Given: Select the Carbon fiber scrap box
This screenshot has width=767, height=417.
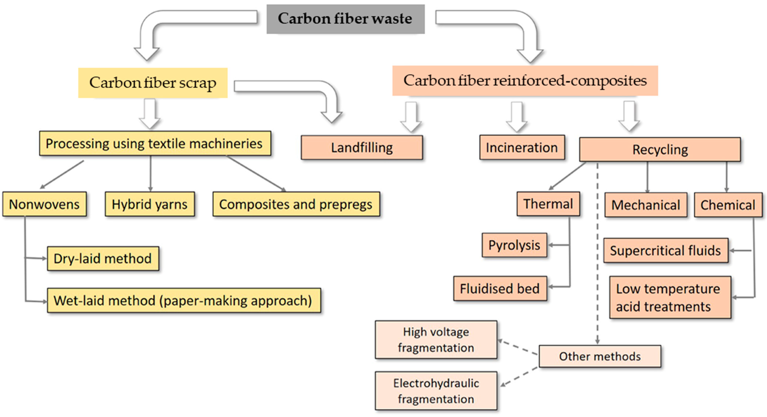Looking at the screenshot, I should tap(153, 83).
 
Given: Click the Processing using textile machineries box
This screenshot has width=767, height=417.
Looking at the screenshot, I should tap(155, 143).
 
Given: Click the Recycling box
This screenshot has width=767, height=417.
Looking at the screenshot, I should tap(660, 150).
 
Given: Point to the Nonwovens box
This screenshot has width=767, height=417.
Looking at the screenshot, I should tap(44, 204).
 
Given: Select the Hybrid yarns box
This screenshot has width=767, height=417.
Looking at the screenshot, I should tap(150, 204).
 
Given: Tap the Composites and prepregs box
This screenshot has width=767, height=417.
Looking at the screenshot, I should tap(296, 204).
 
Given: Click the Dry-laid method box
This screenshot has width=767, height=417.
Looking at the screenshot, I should tap(103, 258).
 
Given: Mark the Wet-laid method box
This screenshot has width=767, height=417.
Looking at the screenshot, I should tap(184, 300).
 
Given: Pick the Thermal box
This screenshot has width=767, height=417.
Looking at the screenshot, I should tap(548, 204).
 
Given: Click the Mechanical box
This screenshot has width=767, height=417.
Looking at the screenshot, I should tap(646, 205).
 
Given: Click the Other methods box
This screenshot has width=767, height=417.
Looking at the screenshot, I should tap(600, 356).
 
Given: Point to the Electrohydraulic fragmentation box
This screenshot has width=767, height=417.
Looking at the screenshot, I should tap(436, 391).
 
